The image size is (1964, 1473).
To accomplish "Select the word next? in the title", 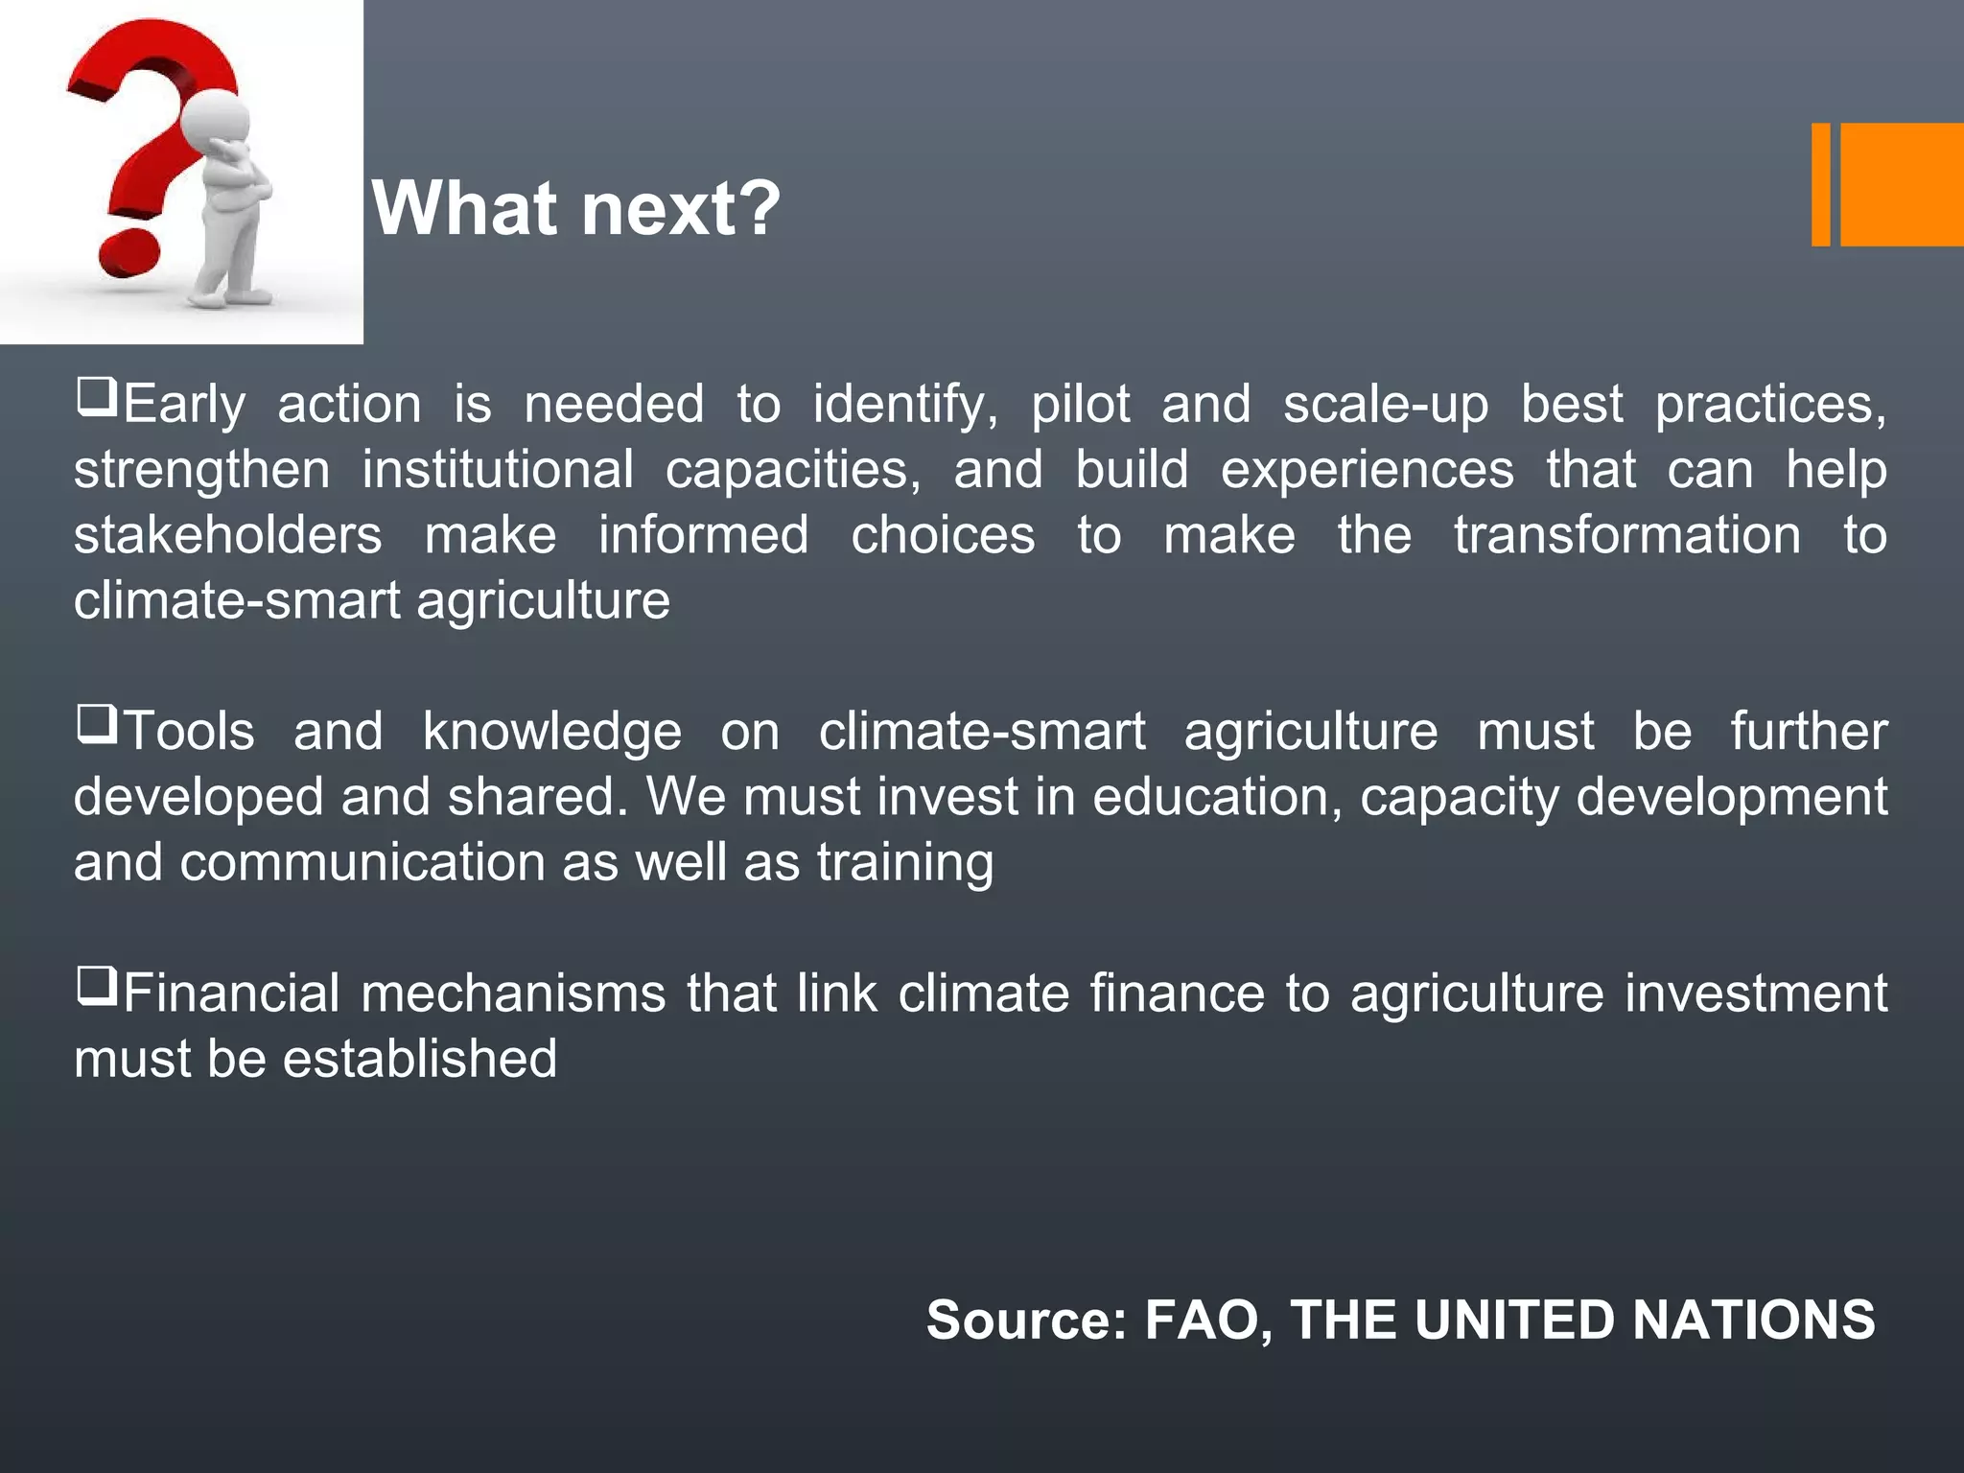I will click(x=681, y=208).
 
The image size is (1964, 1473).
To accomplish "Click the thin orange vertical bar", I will click(x=1820, y=184).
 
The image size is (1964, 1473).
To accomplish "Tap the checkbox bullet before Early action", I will click(x=97, y=396).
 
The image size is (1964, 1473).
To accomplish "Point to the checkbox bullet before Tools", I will click(x=97, y=724).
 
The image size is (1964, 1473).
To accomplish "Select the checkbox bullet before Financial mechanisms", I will click(x=97, y=986).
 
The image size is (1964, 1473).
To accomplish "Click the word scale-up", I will click(x=1386, y=405).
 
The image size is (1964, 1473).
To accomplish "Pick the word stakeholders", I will click(x=228, y=535).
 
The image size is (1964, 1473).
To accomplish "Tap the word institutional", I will click(x=498, y=470).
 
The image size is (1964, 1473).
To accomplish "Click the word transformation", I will click(x=1627, y=535).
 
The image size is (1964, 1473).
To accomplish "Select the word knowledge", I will click(x=552, y=732).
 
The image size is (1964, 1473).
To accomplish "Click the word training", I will click(x=905, y=863).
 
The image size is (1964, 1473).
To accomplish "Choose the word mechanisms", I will click(x=513, y=994).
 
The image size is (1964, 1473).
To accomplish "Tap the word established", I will click(x=419, y=1059).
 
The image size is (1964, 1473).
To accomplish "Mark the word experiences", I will click(x=1367, y=470).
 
